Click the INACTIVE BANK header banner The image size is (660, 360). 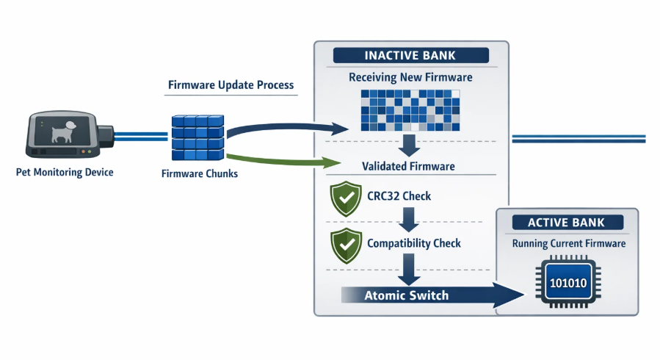coord(410,56)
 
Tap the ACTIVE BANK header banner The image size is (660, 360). coord(566,222)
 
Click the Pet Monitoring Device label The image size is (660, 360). coord(65,173)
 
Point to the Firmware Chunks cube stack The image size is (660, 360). coord(197,138)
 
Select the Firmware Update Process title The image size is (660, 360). coord(231,85)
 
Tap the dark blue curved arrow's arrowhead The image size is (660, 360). coord(338,130)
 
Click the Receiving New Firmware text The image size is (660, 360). coord(410,77)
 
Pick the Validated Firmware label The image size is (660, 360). coord(408,167)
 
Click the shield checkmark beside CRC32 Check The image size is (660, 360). coord(344,198)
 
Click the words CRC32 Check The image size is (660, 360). coord(399,197)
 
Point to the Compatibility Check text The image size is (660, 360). coord(413,243)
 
